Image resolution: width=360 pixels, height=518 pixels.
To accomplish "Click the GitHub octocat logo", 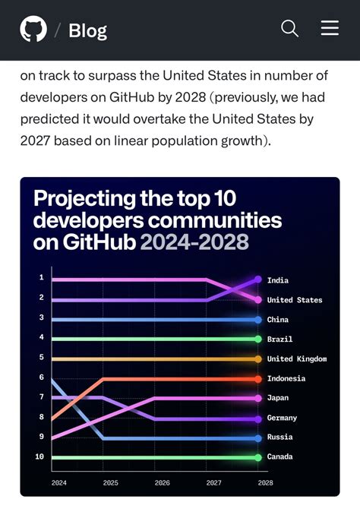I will (33, 30).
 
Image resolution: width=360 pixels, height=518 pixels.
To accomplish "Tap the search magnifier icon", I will (289, 29).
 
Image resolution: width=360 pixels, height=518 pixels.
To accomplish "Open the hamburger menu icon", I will (330, 29).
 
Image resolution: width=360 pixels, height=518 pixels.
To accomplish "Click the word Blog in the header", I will (87, 30).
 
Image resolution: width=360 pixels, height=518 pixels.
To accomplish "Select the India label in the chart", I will (277, 280).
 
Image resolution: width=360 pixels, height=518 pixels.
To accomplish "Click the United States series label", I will (294, 300).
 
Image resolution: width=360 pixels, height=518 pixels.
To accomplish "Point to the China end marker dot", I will (258, 320).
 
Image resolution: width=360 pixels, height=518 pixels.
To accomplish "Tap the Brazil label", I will (279, 340).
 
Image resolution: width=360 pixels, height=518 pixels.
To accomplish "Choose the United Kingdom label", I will (296, 359).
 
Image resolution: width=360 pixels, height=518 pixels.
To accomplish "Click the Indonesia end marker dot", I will (258, 378).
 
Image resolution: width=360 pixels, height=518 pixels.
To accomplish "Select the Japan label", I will (277, 398).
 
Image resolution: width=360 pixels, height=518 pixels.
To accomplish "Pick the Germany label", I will (282, 418).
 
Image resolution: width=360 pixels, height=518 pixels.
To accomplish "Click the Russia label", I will (279, 437).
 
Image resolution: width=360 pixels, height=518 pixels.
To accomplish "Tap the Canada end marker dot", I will (258, 457).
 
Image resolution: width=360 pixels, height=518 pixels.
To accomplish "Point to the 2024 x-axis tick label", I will (58, 482).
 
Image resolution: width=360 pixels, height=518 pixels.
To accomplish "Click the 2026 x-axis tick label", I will (162, 482).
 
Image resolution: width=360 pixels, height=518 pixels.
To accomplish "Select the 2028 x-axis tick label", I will (265, 482).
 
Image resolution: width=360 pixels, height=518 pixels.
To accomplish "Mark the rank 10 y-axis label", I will (39, 457).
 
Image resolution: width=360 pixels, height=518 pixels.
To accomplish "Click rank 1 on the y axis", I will (41, 278).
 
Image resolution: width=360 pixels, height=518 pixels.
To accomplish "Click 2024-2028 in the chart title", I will (194, 242).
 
